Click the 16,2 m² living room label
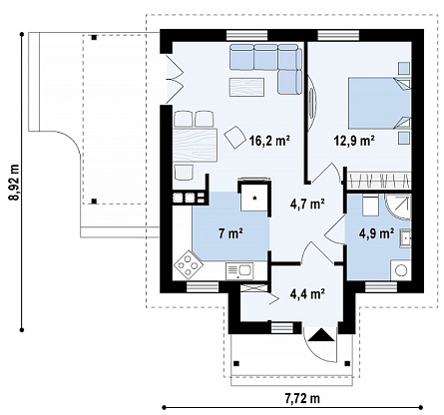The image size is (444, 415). (270, 141)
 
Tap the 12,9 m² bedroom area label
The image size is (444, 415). (354, 141)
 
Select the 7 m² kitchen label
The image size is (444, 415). (230, 233)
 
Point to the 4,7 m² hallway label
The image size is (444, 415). (307, 204)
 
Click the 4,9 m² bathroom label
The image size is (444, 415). (377, 233)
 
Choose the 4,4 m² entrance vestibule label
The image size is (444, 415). (307, 293)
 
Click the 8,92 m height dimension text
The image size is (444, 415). (14, 183)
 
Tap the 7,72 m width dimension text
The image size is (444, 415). (302, 398)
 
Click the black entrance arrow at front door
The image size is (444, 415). (321, 335)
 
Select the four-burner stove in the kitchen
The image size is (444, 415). (189, 264)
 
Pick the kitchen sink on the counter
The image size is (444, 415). (239, 271)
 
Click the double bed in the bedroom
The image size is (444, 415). (379, 104)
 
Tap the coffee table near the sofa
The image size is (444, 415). (246, 87)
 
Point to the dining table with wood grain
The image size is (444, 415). (196, 146)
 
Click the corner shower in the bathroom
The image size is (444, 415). (398, 207)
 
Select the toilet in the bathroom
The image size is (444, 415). (370, 206)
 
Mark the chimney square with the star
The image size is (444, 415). (254, 197)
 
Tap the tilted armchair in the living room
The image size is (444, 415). (235, 137)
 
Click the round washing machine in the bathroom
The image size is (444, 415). (401, 269)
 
